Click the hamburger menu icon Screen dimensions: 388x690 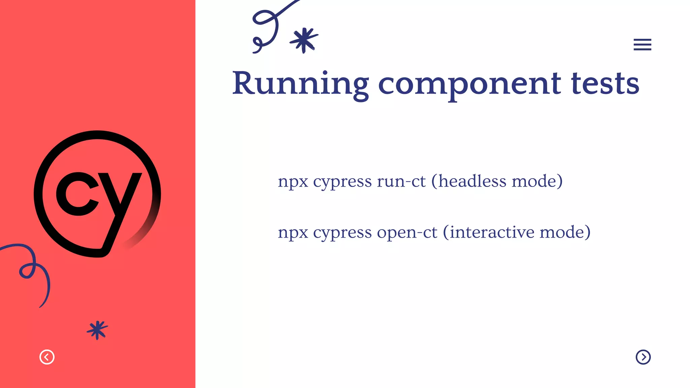(x=642, y=44)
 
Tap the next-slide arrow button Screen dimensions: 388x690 (x=643, y=357)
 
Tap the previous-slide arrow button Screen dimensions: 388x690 (x=47, y=357)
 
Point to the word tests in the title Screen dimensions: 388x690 (x=605, y=84)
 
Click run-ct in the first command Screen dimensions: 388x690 (x=401, y=182)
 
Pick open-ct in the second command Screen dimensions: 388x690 (x=407, y=232)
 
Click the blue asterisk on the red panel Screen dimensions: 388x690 (x=97, y=330)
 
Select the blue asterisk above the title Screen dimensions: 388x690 (x=304, y=40)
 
